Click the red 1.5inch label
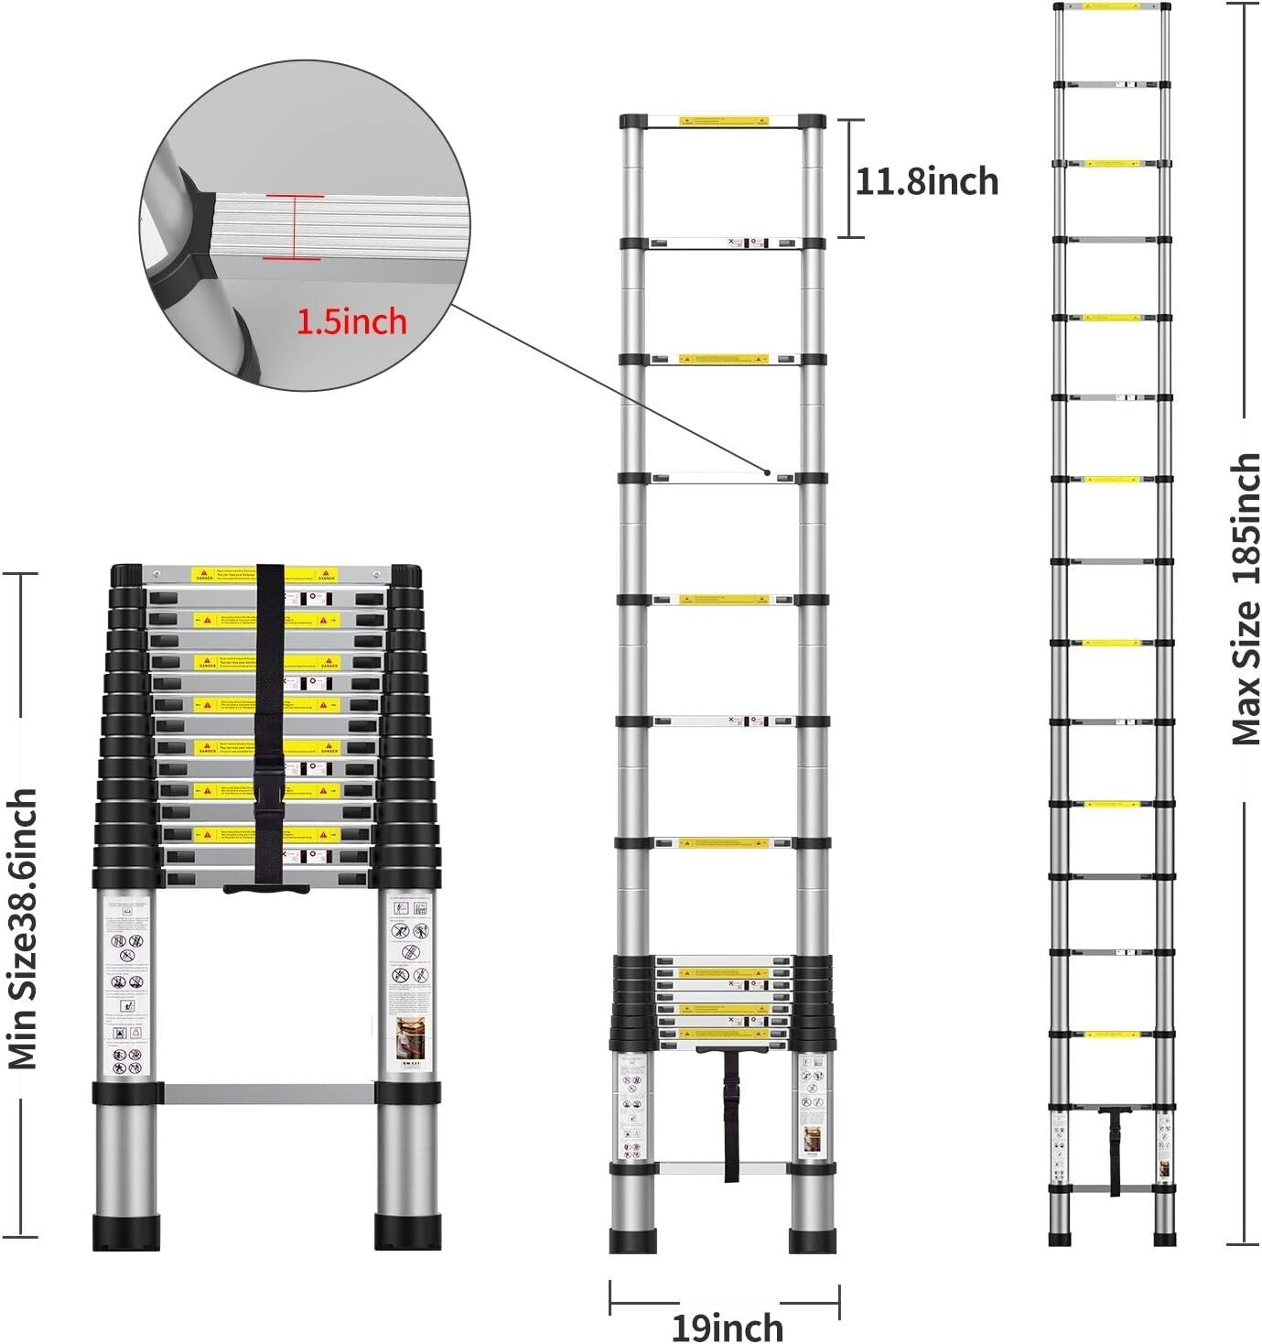(x=351, y=321)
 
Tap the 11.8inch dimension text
(x=926, y=181)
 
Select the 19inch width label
(x=727, y=1327)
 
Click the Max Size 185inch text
(x=1245, y=600)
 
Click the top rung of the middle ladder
(x=723, y=121)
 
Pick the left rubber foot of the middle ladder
(x=632, y=1241)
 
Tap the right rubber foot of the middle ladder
(x=813, y=1241)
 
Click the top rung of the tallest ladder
(x=1112, y=7)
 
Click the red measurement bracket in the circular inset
(x=295, y=227)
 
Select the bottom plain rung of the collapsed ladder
(x=267, y=1093)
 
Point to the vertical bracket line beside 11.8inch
(x=850, y=179)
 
